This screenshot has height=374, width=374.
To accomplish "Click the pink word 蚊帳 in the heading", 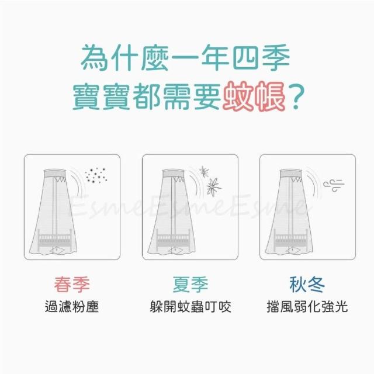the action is click(254, 96).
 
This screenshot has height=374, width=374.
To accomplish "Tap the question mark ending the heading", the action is click(296, 96).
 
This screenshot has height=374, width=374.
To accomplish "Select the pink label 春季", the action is click(72, 285).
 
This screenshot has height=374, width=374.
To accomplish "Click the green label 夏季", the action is click(191, 285).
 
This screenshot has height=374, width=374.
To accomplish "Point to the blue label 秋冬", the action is click(307, 285).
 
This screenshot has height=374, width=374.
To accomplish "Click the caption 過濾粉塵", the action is click(72, 306).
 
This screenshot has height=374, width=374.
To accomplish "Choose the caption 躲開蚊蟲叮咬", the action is click(191, 306).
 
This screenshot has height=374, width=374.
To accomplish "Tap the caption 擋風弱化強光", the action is click(307, 306).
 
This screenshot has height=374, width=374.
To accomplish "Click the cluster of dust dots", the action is click(96, 175).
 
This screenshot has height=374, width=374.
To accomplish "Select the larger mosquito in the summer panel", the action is click(213, 186).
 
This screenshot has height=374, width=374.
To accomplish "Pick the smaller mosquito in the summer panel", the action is click(204, 171).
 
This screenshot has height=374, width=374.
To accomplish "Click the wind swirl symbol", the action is click(334, 185).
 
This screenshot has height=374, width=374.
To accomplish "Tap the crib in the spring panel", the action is click(54, 239).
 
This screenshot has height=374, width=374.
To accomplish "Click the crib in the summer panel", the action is click(173, 239).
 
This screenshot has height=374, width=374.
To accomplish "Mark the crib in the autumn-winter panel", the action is click(291, 239).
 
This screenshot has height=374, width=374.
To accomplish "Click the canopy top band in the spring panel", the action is click(54, 174).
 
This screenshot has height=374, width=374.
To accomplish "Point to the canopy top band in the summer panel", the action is click(173, 174).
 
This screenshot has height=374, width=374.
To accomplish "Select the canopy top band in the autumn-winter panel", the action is click(291, 174).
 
